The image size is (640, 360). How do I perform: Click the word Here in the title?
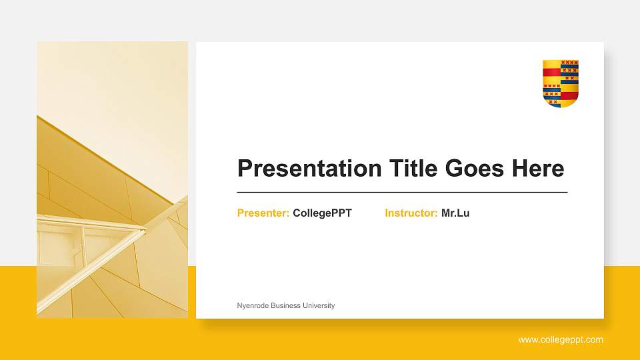pos(537,169)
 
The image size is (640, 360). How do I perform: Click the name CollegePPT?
pos(322,213)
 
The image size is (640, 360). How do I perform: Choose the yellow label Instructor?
pos(411,213)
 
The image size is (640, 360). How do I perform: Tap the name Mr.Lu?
pos(455,213)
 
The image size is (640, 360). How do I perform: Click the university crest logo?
pos(561,83)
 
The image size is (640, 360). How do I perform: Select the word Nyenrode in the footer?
pos(252,305)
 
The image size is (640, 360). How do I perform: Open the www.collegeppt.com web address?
pos(561,340)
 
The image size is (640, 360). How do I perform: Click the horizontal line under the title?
pos(402,192)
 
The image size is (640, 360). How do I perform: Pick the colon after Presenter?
pos(287,214)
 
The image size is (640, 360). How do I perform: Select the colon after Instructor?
pos(436,214)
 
